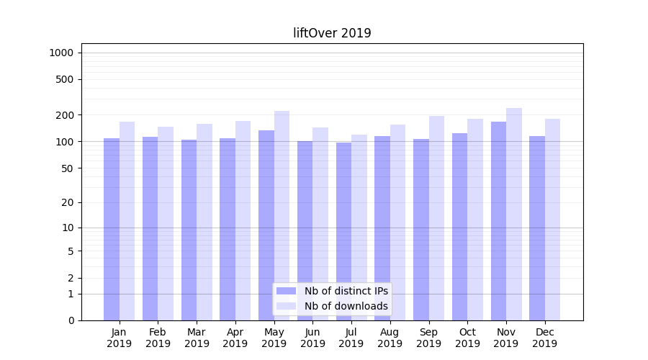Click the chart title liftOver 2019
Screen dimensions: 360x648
tap(332, 33)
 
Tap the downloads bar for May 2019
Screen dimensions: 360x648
tap(282, 215)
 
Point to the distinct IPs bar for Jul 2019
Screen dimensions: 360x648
tap(343, 231)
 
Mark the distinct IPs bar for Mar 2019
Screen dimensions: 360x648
tap(189, 230)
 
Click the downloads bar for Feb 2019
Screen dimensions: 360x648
tap(166, 223)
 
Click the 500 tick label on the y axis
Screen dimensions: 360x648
tap(65, 79)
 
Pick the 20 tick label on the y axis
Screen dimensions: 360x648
tap(67, 202)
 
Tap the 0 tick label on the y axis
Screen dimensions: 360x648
tap(70, 320)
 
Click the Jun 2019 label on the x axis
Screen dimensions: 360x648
tap(312, 338)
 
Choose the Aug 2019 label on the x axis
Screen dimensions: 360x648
tap(390, 338)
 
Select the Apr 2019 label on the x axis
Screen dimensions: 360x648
tap(235, 338)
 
